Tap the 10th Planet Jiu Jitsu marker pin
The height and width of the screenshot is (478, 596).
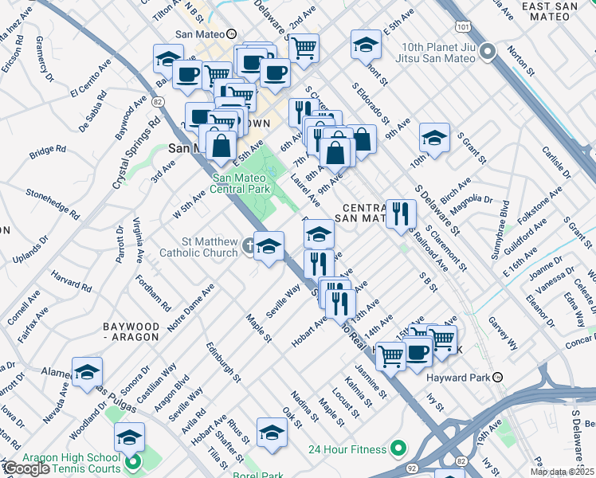[x=489, y=53]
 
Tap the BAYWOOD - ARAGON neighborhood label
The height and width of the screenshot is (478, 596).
[x=138, y=333]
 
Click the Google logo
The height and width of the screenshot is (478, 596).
[x=25, y=468]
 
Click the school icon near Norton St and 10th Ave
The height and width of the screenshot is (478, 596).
[x=434, y=138]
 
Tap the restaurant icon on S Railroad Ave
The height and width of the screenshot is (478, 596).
[x=401, y=213]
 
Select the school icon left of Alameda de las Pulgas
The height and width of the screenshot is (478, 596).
[x=87, y=371]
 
